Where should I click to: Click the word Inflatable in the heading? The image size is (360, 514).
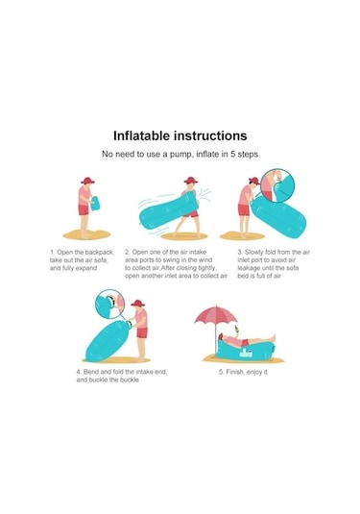pyautogui.click(x=141, y=135)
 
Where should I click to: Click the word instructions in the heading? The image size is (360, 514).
pyautogui.click(x=210, y=135)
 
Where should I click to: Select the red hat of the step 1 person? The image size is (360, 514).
pyautogui.click(x=87, y=181)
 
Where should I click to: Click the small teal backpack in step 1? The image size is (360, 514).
pyautogui.click(x=95, y=204)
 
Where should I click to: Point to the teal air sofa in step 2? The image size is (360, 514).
pyautogui.click(x=168, y=210)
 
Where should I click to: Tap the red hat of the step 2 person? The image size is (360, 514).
pyautogui.click(x=191, y=180)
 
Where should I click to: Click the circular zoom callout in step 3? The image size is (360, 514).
pyautogui.click(x=277, y=185)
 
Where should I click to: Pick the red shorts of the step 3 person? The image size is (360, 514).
pyautogui.click(x=244, y=209)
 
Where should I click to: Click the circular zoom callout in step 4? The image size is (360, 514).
pyautogui.click(x=109, y=304)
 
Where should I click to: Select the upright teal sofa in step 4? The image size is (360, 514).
pyautogui.click(x=108, y=341)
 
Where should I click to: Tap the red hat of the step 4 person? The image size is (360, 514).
pyautogui.click(x=138, y=304)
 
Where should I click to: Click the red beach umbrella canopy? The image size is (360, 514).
pyautogui.click(x=216, y=315)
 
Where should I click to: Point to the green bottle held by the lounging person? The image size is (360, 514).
pyautogui.click(x=236, y=329)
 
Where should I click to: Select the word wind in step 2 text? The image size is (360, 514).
pyautogui.click(x=204, y=260)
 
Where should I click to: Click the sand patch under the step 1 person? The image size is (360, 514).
pyautogui.click(x=86, y=234)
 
